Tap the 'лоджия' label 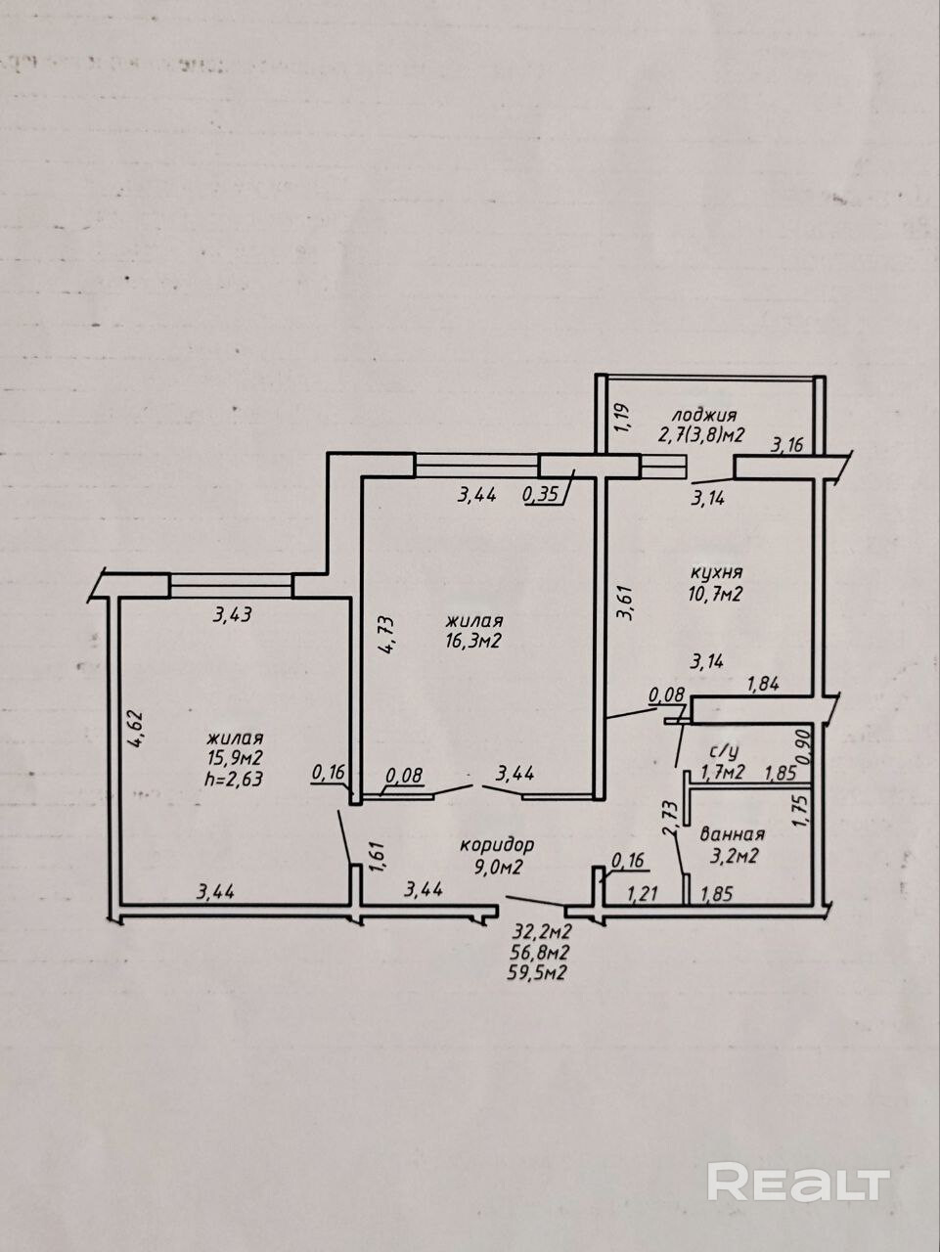pyautogui.click(x=696, y=415)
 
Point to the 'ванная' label pyautogui.click(x=733, y=834)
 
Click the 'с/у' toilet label pyautogui.click(x=723, y=751)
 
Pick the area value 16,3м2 pyautogui.click(x=474, y=641)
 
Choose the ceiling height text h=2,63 pyautogui.click(x=234, y=779)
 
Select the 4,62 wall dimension pyautogui.click(x=138, y=728)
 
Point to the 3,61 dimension pyautogui.click(x=623, y=603)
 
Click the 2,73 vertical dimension pyautogui.click(x=670, y=818)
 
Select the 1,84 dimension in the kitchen pyautogui.click(x=763, y=685)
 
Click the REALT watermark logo pyautogui.click(x=798, y=1182)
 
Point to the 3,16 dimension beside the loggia pyautogui.click(x=786, y=446)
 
